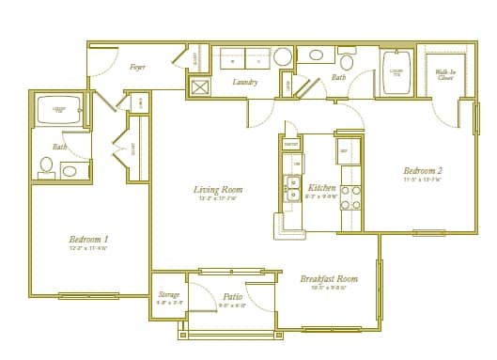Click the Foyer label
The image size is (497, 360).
tap(137, 67)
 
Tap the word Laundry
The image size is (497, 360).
tap(245, 83)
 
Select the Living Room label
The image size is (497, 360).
tap(218, 190)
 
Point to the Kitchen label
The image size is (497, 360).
tap(322, 188)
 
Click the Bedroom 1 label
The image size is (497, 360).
tap(88, 239)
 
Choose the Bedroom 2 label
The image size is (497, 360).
tap(423, 170)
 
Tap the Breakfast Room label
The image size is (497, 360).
tap(329, 278)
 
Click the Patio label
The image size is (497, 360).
tap(231, 296)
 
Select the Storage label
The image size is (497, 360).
tap(168, 295)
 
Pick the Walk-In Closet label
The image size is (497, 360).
tap(445, 74)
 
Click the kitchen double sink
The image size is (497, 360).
tap(292, 189)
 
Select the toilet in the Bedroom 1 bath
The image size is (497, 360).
tap(46, 166)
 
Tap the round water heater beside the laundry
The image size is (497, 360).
tap(283, 57)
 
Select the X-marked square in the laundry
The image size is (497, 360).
tap(199, 87)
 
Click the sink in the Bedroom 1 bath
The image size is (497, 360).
tap(71, 170)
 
